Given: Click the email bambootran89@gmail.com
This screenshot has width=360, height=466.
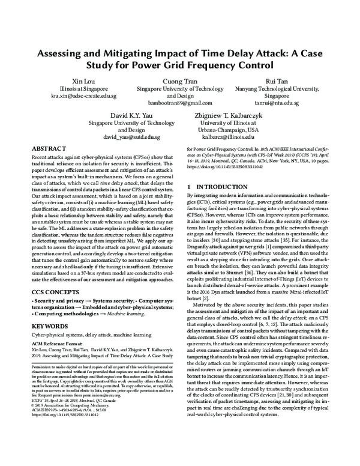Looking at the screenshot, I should (178, 103).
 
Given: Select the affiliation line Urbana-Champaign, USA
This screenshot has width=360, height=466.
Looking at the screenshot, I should (229, 129).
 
